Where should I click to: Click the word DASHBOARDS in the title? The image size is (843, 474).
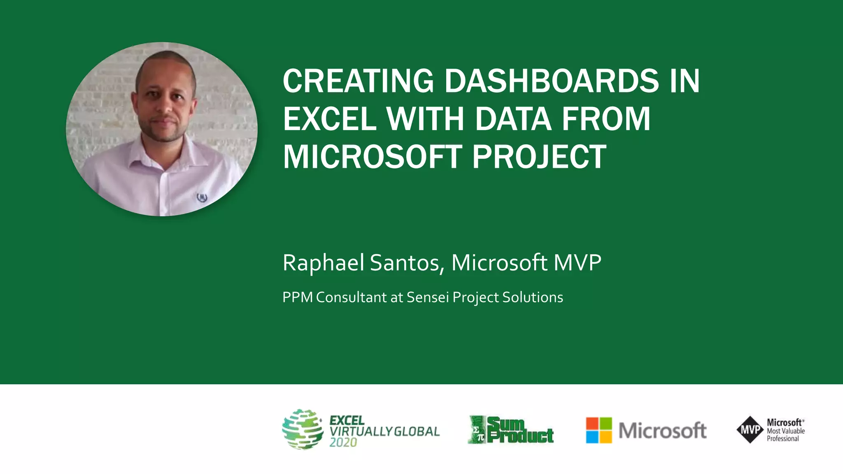tap(552, 81)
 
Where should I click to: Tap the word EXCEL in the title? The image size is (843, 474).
tap(329, 119)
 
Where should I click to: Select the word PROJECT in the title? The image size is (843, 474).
tap(539, 157)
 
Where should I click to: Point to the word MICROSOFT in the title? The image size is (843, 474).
tap(373, 157)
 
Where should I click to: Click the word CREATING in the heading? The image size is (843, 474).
tap(358, 81)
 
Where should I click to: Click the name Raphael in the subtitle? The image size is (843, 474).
tap(323, 263)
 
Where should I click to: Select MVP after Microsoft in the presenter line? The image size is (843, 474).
tap(577, 263)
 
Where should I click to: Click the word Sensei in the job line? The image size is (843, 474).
tap(428, 297)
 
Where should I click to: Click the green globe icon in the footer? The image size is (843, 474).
tap(303, 429)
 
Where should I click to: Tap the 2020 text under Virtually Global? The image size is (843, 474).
tap(343, 443)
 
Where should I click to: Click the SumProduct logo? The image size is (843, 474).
tap(511, 430)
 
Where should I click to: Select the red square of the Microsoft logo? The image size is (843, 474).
tap(592, 423)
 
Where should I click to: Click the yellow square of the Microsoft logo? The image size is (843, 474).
tap(606, 437)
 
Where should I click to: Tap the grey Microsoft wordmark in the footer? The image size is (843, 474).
tap(662, 430)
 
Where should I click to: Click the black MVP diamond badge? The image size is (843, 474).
tap(750, 430)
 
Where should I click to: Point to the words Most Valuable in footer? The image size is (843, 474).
tap(785, 431)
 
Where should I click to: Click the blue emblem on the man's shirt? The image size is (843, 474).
tap(202, 197)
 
